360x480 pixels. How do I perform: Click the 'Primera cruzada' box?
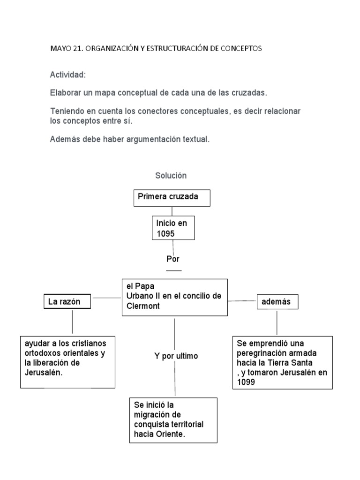click(172, 198)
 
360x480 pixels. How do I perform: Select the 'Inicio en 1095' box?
click(173, 228)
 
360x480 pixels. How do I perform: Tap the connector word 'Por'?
click(173, 259)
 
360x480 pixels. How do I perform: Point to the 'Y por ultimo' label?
click(176, 356)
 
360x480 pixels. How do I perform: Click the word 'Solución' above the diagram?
click(171, 176)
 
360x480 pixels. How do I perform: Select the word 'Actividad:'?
click(68, 75)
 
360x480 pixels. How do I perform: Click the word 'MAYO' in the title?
click(60, 49)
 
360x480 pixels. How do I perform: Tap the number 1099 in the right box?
click(246, 382)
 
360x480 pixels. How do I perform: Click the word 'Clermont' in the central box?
click(143, 306)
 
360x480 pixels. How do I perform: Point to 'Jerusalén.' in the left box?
click(44, 373)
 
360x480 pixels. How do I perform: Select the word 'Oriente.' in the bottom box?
click(172, 435)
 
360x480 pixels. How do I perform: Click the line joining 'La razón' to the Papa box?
click(106, 298)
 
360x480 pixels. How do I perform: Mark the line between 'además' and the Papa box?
click(242, 300)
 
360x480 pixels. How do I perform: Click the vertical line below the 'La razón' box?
click(72, 322)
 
